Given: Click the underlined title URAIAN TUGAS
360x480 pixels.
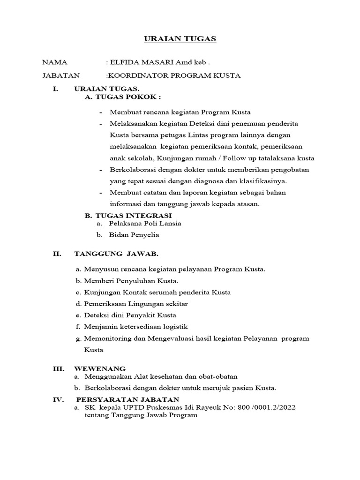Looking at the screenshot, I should [x=180, y=39].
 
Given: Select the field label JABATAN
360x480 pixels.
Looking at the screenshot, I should [x=61, y=75].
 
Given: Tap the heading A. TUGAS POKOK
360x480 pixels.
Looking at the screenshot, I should [x=122, y=97].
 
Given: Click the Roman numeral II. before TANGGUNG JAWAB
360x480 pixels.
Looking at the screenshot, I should [x=57, y=254].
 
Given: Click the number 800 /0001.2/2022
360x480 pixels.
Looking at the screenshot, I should [x=268, y=408].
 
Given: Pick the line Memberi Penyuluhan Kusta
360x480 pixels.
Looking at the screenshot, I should [x=131, y=281].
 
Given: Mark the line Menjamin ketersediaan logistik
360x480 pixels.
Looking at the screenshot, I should [x=136, y=326].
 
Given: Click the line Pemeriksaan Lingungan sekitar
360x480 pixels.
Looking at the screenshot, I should [x=136, y=304].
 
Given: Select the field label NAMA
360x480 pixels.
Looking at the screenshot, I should [x=55, y=62].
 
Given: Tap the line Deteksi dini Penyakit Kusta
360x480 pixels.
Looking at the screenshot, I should [x=130, y=315].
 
